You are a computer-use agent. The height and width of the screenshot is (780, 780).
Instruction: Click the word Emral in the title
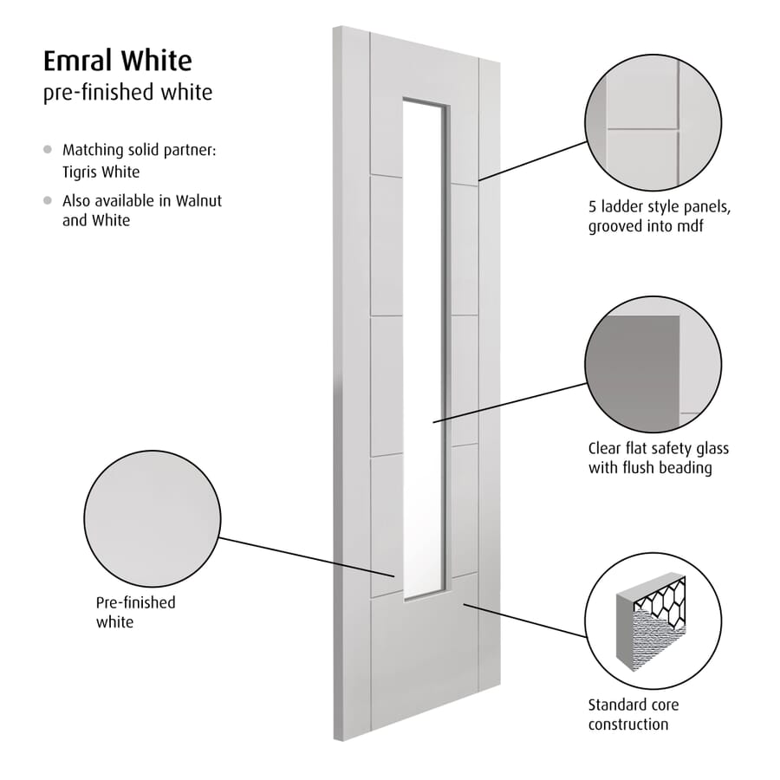pos(78,61)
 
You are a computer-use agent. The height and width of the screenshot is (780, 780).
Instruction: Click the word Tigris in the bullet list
pos(79,172)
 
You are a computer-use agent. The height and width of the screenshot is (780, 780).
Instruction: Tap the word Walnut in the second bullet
pos(198,201)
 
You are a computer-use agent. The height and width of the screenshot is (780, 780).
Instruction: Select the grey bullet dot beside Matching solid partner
pos(48,149)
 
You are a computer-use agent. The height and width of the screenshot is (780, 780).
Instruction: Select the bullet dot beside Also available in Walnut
pos(48,200)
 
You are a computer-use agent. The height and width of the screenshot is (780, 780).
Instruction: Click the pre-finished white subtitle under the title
pos(128,93)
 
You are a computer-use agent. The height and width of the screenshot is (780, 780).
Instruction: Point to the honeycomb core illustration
pos(651,621)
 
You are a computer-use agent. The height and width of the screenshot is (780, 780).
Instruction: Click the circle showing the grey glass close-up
pos(653,365)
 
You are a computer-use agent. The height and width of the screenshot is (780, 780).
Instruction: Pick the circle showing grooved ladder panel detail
pos(653,123)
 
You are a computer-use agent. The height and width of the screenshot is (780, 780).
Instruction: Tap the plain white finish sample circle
pos(153,519)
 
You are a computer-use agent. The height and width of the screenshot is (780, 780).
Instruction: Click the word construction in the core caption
pos(628,725)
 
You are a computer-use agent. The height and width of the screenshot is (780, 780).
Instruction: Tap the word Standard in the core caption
pos(616,705)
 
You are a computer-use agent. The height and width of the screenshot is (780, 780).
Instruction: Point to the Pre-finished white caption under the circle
pos(136,613)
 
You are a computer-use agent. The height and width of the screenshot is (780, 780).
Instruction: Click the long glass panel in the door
pos(423,348)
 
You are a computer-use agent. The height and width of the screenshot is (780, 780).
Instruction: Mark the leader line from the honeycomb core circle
pos(525,621)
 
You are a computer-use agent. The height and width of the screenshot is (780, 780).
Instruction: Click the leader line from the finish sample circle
pos(308,557)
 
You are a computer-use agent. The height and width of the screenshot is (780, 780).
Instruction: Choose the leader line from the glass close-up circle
pos(510,403)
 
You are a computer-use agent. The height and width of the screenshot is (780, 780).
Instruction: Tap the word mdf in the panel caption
pos(690,226)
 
